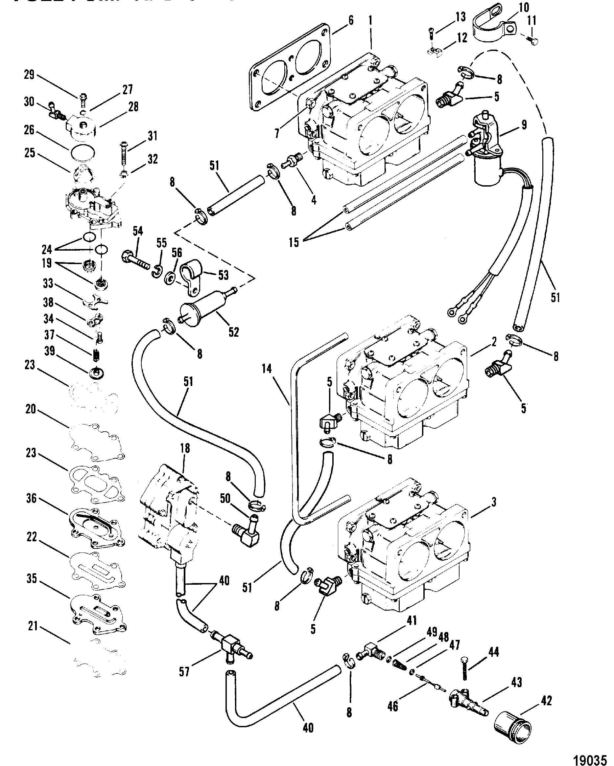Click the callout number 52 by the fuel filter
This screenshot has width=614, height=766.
pyautogui.click(x=234, y=332)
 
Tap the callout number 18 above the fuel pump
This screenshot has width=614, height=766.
pyautogui.click(x=185, y=448)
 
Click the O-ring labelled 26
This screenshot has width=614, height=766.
pyautogui.click(x=83, y=153)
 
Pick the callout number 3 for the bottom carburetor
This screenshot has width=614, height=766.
pyautogui.click(x=494, y=502)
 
